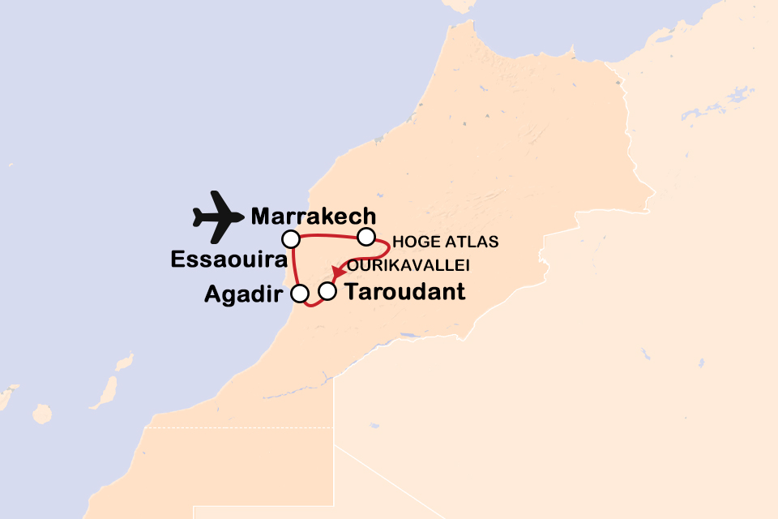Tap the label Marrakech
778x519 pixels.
pyautogui.click(x=314, y=217)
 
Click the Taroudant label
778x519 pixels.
pyautogui.click(x=405, y=292)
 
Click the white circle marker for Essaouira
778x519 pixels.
pyautogui.click(x=291, y=238)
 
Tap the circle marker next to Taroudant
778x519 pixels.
pyautogui.click(x=327, y=290)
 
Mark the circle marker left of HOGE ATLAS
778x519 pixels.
pyautogui.click(x=366, y=237)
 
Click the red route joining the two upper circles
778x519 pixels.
pyautogui.click(x=328, y=238)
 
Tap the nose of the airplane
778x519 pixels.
pyautogui.click(x=241, y=217)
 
